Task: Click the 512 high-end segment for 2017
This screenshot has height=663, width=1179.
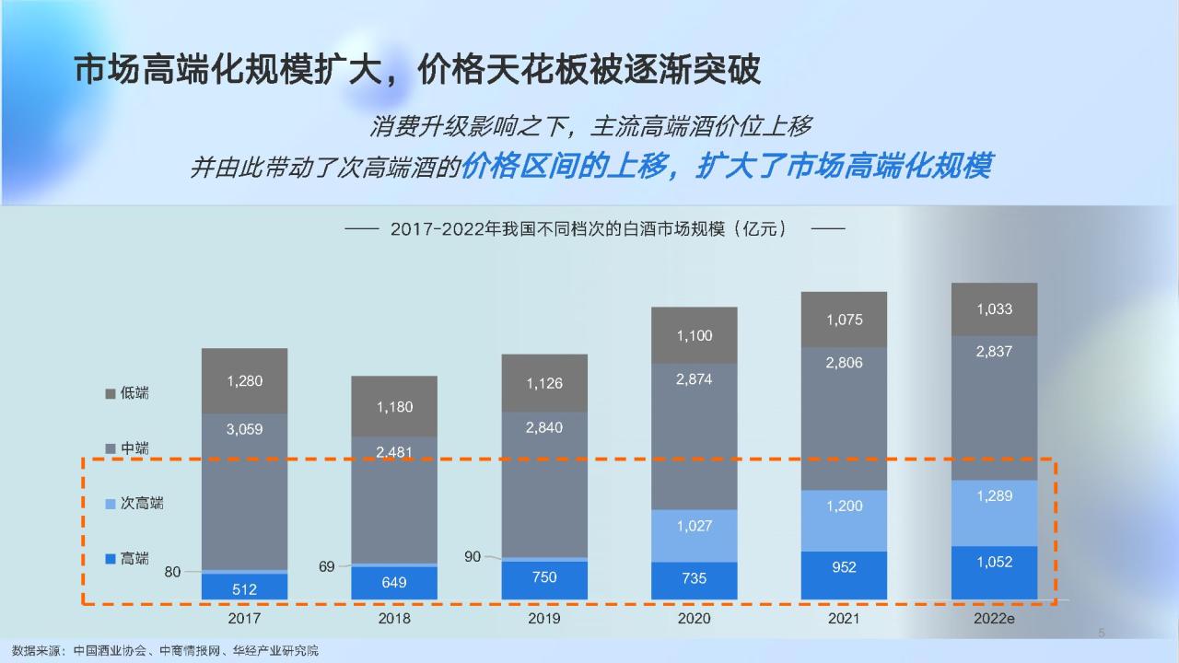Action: click(244, 587)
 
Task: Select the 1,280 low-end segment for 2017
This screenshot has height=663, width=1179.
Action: click(244, 380)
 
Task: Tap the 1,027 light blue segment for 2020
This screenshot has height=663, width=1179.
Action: click(695, 536)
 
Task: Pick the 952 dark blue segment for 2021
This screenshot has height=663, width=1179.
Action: click(844, 576)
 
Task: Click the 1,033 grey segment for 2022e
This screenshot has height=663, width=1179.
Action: click(994, 309)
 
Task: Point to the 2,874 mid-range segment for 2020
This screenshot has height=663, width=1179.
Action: click(695, 436)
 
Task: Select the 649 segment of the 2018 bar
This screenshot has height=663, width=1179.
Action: click(394, 583)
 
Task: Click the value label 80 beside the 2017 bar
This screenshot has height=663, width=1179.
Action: click(172, 572)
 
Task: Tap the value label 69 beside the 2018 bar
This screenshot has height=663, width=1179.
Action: click(326, 566)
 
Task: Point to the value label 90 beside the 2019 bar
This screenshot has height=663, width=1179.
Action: click(473, 557)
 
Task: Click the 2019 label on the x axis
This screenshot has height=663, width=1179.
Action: click(543, 618)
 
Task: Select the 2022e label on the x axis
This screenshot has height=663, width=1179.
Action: click(994, 618)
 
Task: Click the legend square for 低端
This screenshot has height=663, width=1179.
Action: click(111, 393)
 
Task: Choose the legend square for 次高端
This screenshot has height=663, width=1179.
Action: click(111, 504)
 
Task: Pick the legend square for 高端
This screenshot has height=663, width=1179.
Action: click(111, 559)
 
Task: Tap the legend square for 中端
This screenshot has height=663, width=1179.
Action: click(111, 448)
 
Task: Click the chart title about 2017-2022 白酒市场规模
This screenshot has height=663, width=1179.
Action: click(589, 229)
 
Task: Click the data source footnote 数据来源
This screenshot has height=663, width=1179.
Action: click(165, 651)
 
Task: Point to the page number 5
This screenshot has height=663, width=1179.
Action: click(1102, 633)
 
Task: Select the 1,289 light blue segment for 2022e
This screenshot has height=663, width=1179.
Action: click(994, 513)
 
